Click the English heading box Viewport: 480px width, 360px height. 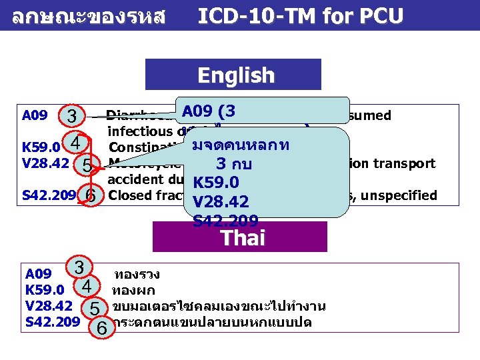pyautogui.click(x=233, y=75)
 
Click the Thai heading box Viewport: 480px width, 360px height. pyautogui.click(x=239, y=237)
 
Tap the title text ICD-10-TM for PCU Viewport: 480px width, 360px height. pyautogui.click(x=300, y=15)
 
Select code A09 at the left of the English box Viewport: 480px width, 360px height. pyautogui.click(x=34, y=115)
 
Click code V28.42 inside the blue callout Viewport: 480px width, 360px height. pyautogui.click(x=220, y=201)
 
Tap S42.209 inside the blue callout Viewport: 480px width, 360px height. pyautogui.click(x=225, y=220)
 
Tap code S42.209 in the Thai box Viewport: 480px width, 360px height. pyautogui.click(x=51, y=322)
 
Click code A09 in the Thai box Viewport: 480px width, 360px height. pyautogui.click(x=38, y=274)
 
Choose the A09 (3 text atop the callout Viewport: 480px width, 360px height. pyautogui.click(x=213, y=111)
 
